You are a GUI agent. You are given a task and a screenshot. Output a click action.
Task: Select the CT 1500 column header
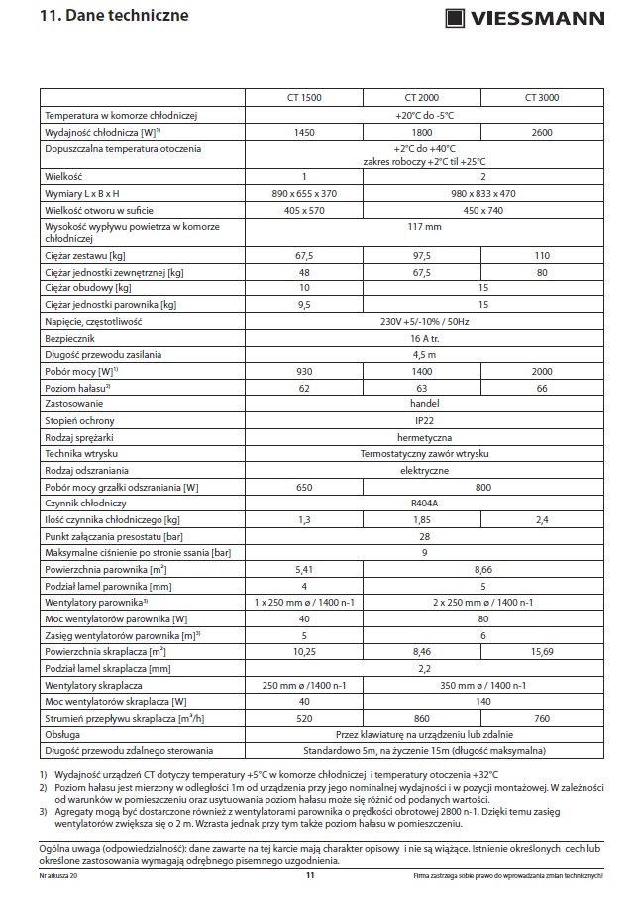pos(304,97)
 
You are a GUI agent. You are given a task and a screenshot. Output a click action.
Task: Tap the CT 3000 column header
pos(542,97)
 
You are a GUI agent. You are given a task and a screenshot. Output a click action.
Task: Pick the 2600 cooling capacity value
pos(542,132)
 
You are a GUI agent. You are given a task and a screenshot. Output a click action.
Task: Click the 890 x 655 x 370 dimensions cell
pos(304,193)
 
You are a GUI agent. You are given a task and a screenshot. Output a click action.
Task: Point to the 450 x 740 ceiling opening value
pos(482,210)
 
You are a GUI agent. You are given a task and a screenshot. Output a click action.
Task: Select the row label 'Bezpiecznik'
pos(69,338)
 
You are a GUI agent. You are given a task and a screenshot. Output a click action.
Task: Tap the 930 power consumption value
pos(304,370)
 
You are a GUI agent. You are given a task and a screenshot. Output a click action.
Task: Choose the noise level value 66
pos(542,388)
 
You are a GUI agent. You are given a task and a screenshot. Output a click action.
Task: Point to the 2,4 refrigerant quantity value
pos(542,519)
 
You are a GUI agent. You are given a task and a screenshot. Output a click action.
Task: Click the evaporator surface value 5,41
pos(304,570)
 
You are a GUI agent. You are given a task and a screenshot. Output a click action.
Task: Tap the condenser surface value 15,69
pos(542,651)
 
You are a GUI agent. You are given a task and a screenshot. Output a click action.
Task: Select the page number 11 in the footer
pos(310,875)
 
